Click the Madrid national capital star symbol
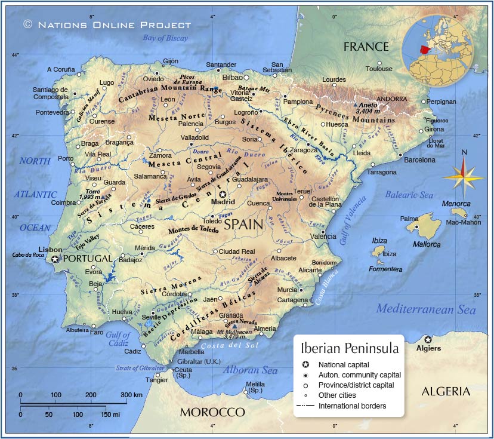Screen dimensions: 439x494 click(x=223, y=194)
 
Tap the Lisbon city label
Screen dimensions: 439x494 click(x=50, y=250)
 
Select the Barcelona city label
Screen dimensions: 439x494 click(x=419, y=160)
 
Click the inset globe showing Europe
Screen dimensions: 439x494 click(x=437, y=50)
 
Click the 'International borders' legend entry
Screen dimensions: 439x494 click(x=351, y=406)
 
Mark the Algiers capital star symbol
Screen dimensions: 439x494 click(x=428, y=339)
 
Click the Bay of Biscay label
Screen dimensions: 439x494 click(x=165, y=38)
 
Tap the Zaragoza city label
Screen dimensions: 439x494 click(x=304, y=151)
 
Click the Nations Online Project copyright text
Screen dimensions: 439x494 click(x=107, y=24)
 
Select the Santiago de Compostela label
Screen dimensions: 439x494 click(x=50, y=93)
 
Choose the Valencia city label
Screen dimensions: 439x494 click(x=323, y=237)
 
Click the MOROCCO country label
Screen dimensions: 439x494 click(x=212, y=412)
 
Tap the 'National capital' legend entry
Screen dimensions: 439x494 click(x=343, y=364)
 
